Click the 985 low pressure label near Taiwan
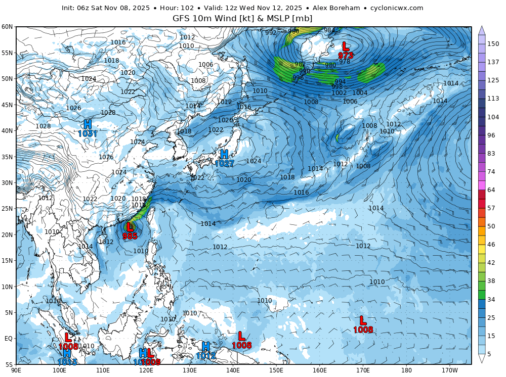130,236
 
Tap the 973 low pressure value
346,56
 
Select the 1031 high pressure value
88,134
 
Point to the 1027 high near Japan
224,164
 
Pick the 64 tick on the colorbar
491,190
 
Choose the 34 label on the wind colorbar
491,299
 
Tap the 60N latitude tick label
7,27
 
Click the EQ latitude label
9,339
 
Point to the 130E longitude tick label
190,370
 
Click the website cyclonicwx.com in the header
397,8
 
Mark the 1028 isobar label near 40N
43,126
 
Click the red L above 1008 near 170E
363,320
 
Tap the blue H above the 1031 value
88,124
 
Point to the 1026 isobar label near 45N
73,108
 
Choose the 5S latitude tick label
9,364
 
